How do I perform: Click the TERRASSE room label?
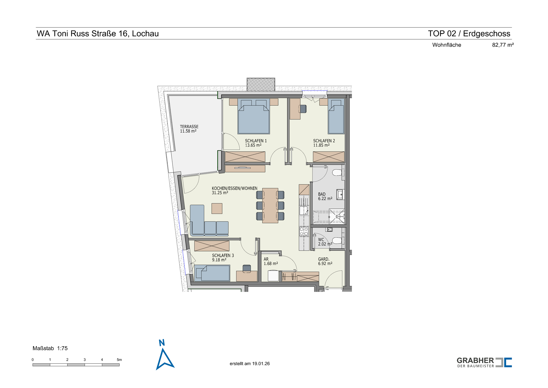tap(189, 126)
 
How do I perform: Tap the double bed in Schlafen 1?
tap(254, 116)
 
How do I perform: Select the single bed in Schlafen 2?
tap(336, 116)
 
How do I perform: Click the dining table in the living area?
tap(270, 206)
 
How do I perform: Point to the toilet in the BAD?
tap(337, 173)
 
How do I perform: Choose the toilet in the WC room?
tap(337, 241)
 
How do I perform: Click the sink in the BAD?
tap(340, 195)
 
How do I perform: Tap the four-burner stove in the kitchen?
tap(304, 231)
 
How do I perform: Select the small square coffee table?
tap(217, 209)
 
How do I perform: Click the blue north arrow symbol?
tap(165, 359)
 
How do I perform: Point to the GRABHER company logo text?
tap(475, 361)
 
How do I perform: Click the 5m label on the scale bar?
tap(119, 360)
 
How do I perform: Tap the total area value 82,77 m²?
tap(503, 45)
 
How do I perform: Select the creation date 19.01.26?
tap(261, 364)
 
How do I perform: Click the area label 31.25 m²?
tap(220, 193)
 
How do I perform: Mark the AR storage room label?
tap(266, 259)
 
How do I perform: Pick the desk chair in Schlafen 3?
tap(247, 268)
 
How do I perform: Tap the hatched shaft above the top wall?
tap(261, 85)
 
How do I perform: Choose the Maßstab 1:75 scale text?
tap(50, 348)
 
